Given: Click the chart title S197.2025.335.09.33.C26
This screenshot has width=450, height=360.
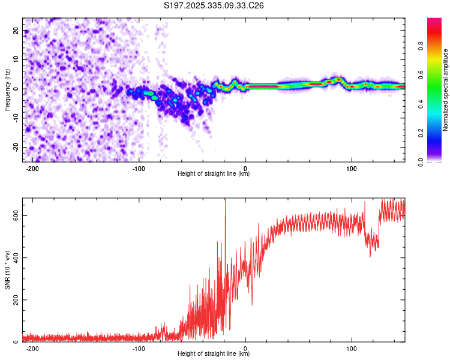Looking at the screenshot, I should tap(214, 5).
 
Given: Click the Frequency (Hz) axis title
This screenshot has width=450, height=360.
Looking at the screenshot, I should tap(7, 89).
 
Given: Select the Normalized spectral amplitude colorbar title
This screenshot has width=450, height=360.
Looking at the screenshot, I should tap(445, 90).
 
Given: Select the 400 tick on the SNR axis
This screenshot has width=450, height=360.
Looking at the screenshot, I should tap(15, 257).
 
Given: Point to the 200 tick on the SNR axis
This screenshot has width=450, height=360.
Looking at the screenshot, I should tap(15, 300).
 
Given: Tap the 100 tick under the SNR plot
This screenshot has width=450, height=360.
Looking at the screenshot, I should tap(352, 349).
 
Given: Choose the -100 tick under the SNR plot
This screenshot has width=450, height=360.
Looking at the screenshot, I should tap(139, 349).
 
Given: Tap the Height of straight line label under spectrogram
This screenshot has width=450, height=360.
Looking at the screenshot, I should tap(214, 174).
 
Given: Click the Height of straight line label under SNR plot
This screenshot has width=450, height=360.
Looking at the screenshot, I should tap(214, 354).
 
